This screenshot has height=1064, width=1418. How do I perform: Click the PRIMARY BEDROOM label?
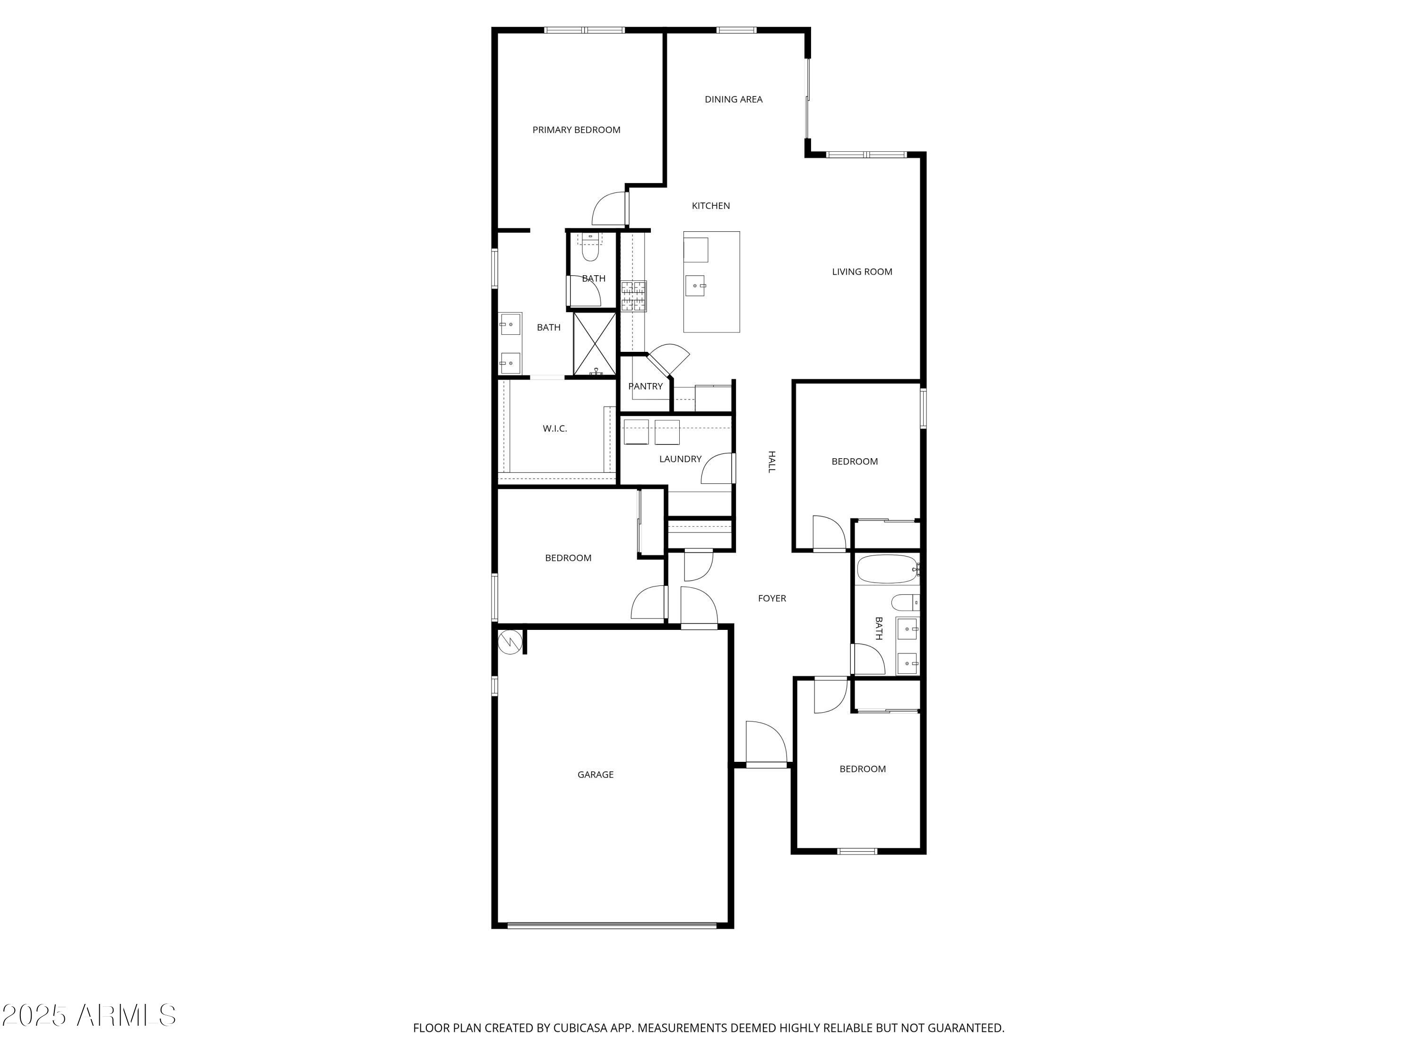pyautogui.click(x=576, y=130)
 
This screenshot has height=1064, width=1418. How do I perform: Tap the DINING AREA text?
pyautogui.click(x=734, y=99)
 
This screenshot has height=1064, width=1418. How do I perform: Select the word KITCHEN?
pyautogui.click(x=710, y=206)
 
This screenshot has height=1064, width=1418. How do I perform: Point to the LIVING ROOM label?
pyautogui.click(x=862, y=272)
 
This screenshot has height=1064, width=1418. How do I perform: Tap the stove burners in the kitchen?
pyautogui.click(x=633, y=297)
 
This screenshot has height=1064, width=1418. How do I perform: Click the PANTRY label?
pyautogui.click(x=645, y=386)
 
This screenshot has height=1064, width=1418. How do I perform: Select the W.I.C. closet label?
pyautogui.click(x=554, y=428)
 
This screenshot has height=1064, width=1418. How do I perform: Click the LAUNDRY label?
pyautogui.click(x=680, y=459)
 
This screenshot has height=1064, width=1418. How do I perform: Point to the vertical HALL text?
pyautogui.click(x=772, y=462)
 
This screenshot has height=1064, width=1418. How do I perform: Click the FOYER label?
pyautogui.click(x=772, y=598)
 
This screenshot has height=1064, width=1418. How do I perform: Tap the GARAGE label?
pyautogui.click(x=595, y=775)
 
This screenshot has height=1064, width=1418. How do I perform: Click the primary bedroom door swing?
pyautogui.click(x=609, y=209)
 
